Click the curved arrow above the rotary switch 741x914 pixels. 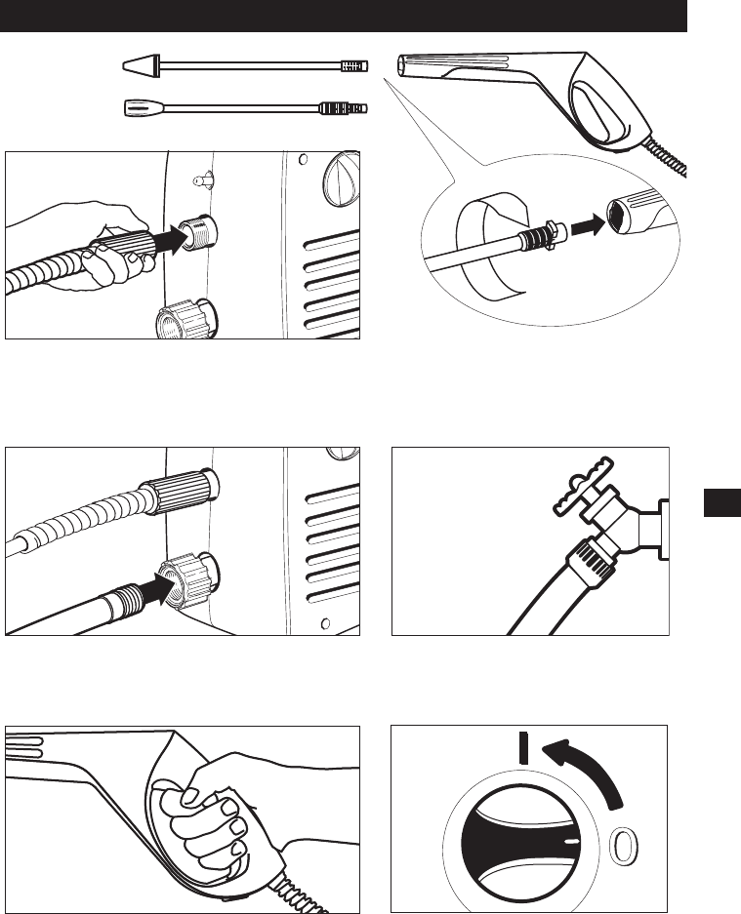tap(588, 767)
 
